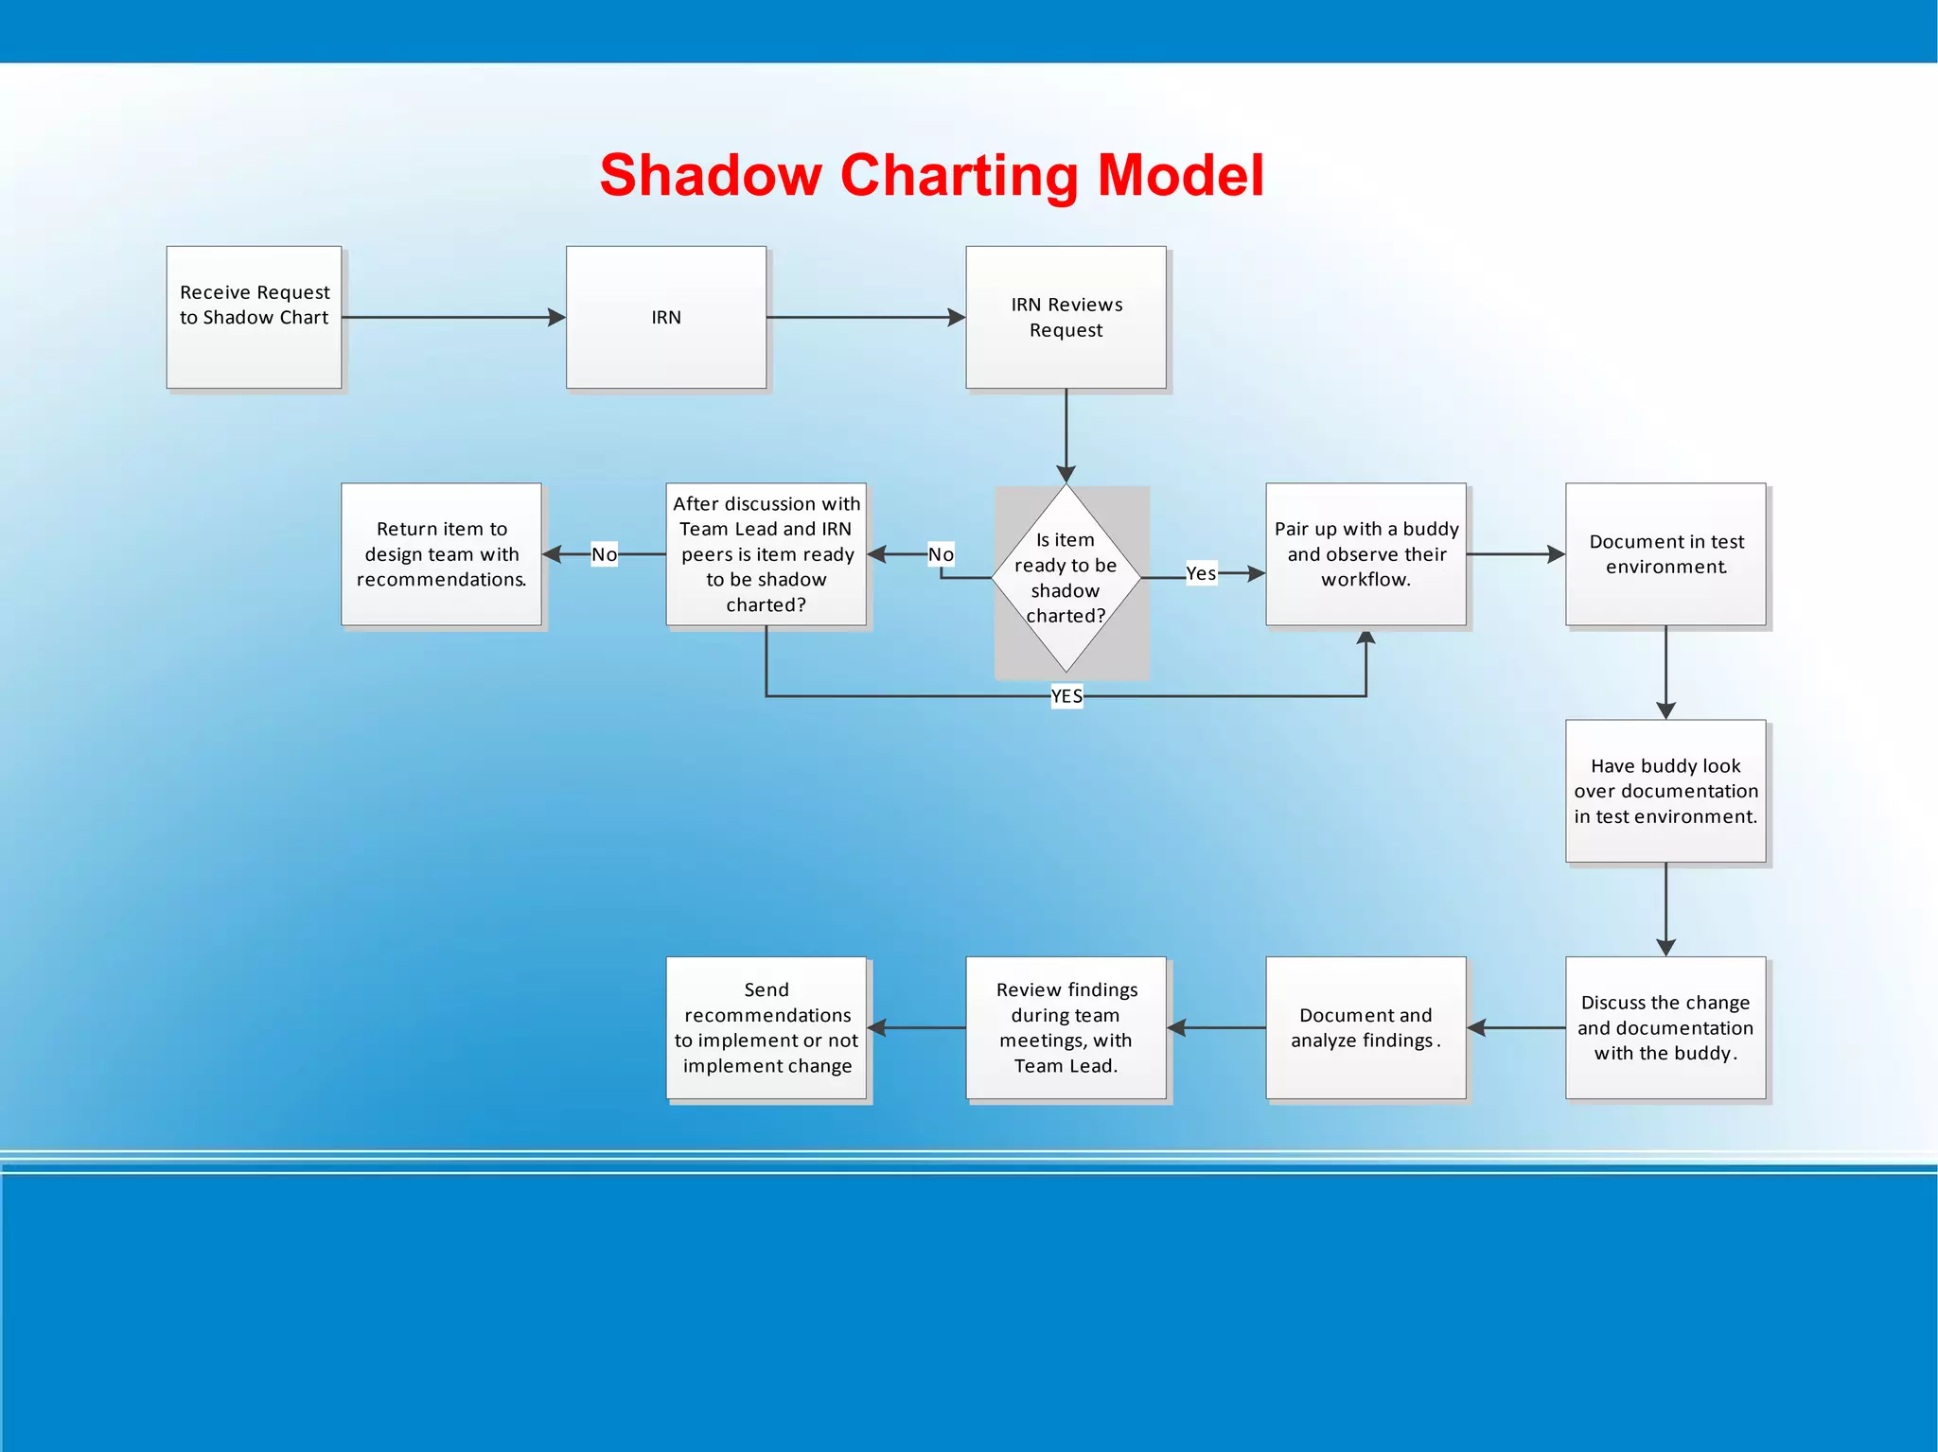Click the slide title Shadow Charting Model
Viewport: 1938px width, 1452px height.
(931, 176)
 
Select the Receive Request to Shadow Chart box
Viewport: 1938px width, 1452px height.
(254, 317)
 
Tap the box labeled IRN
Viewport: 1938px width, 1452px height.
(665, 317)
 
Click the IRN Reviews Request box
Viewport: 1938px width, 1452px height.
(1066, 317)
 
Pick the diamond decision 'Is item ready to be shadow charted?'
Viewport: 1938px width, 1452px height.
(1066, 578)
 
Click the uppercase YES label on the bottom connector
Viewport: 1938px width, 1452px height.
(1066, 696)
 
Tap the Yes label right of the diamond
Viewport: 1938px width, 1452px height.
(1201, 573)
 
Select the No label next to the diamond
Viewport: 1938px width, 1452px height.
(941, 554)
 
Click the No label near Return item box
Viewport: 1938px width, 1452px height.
(604, 554)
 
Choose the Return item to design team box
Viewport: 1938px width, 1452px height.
(441, 554)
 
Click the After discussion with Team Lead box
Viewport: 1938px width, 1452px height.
(766, 554)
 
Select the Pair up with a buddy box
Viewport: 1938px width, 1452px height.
(1365, 554)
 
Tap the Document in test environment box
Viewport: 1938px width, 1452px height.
(1665, 554)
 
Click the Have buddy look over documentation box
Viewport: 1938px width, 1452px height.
(1665, 791)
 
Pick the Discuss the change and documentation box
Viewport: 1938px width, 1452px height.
(1665, 1027)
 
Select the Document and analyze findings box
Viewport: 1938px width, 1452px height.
(1365, 1027)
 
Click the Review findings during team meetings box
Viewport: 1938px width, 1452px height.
(1066, 1027)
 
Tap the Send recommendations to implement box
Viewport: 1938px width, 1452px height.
(766, 1027)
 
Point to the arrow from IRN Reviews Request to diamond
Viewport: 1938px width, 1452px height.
(1066, 435)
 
